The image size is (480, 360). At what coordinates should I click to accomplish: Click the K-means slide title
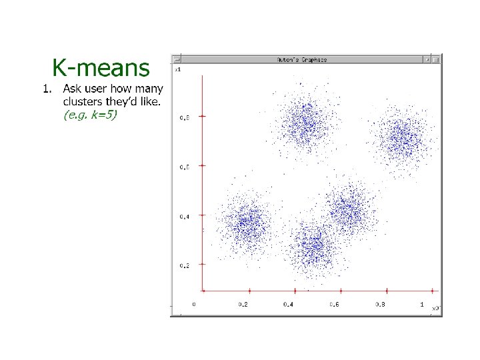click(101, 68)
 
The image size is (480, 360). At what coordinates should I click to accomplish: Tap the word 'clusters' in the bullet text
click(84, 101)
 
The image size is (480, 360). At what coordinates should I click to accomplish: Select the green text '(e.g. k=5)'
click(90, 115)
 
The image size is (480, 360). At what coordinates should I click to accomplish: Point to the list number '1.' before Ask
click(47, 89)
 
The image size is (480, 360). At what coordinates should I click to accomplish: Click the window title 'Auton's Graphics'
click(302, 59)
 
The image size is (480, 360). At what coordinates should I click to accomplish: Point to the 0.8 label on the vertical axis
click(184, 118)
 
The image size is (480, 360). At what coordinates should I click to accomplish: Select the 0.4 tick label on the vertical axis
click(184, 217)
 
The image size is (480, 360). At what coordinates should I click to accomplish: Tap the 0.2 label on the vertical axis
click(184, 265)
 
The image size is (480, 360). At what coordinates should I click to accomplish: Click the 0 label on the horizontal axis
click(195, 304)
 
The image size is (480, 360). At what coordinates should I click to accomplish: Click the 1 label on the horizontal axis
click(422, 304)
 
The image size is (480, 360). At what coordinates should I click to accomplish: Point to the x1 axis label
click(178, 69)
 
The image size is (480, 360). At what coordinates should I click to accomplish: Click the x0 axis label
click(435, 308)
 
